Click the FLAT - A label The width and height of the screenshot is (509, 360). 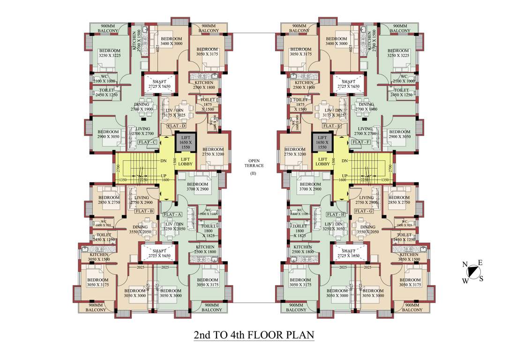172,214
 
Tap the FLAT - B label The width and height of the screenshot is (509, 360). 144,211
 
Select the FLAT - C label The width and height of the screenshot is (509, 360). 147,142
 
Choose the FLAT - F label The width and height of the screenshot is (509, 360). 361,142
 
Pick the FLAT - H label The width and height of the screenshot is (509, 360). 337,214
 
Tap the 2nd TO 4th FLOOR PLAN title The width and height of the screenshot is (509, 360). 254,335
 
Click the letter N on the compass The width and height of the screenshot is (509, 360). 465,265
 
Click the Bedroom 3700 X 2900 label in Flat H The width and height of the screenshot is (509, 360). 310,187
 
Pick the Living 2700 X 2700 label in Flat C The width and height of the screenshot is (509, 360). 142,131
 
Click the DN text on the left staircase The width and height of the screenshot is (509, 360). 164,161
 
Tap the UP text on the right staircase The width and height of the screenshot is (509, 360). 344,176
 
